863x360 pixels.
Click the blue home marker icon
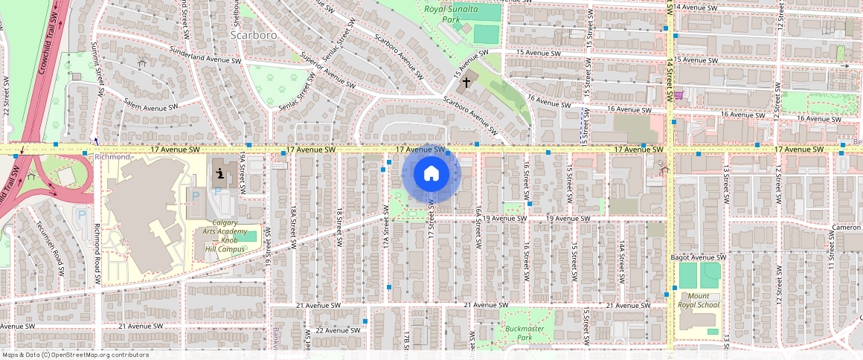(431, 174)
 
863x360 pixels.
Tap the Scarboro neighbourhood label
(253, 35)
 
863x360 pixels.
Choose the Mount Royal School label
(699, 299)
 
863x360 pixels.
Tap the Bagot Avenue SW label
(696, 257)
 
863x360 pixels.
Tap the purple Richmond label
(112, 158)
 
